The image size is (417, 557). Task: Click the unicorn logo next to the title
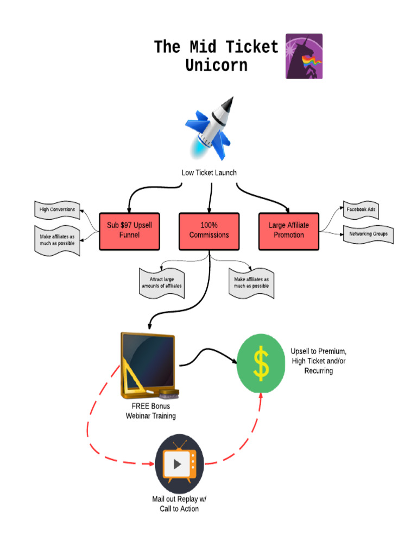coord(304,56)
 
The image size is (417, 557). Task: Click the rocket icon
coord(210,129)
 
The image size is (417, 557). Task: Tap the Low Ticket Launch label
coord(209,172)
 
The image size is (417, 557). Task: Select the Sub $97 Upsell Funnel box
coord(129,231)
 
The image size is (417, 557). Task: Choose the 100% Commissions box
coord(209,231)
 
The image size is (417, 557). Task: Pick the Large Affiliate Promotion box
coord(288,231)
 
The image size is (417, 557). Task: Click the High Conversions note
coord(57,210)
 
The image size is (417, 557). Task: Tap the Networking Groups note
coord(368,234)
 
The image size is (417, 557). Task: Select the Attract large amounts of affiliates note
coord(162,282)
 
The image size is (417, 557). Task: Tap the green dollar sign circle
coord(261,363)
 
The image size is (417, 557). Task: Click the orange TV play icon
coord(179,463)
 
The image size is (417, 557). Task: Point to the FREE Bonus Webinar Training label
coord(150,411)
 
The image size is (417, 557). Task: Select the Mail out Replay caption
coord(179,504)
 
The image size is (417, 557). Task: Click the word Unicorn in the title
coord(216,65)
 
